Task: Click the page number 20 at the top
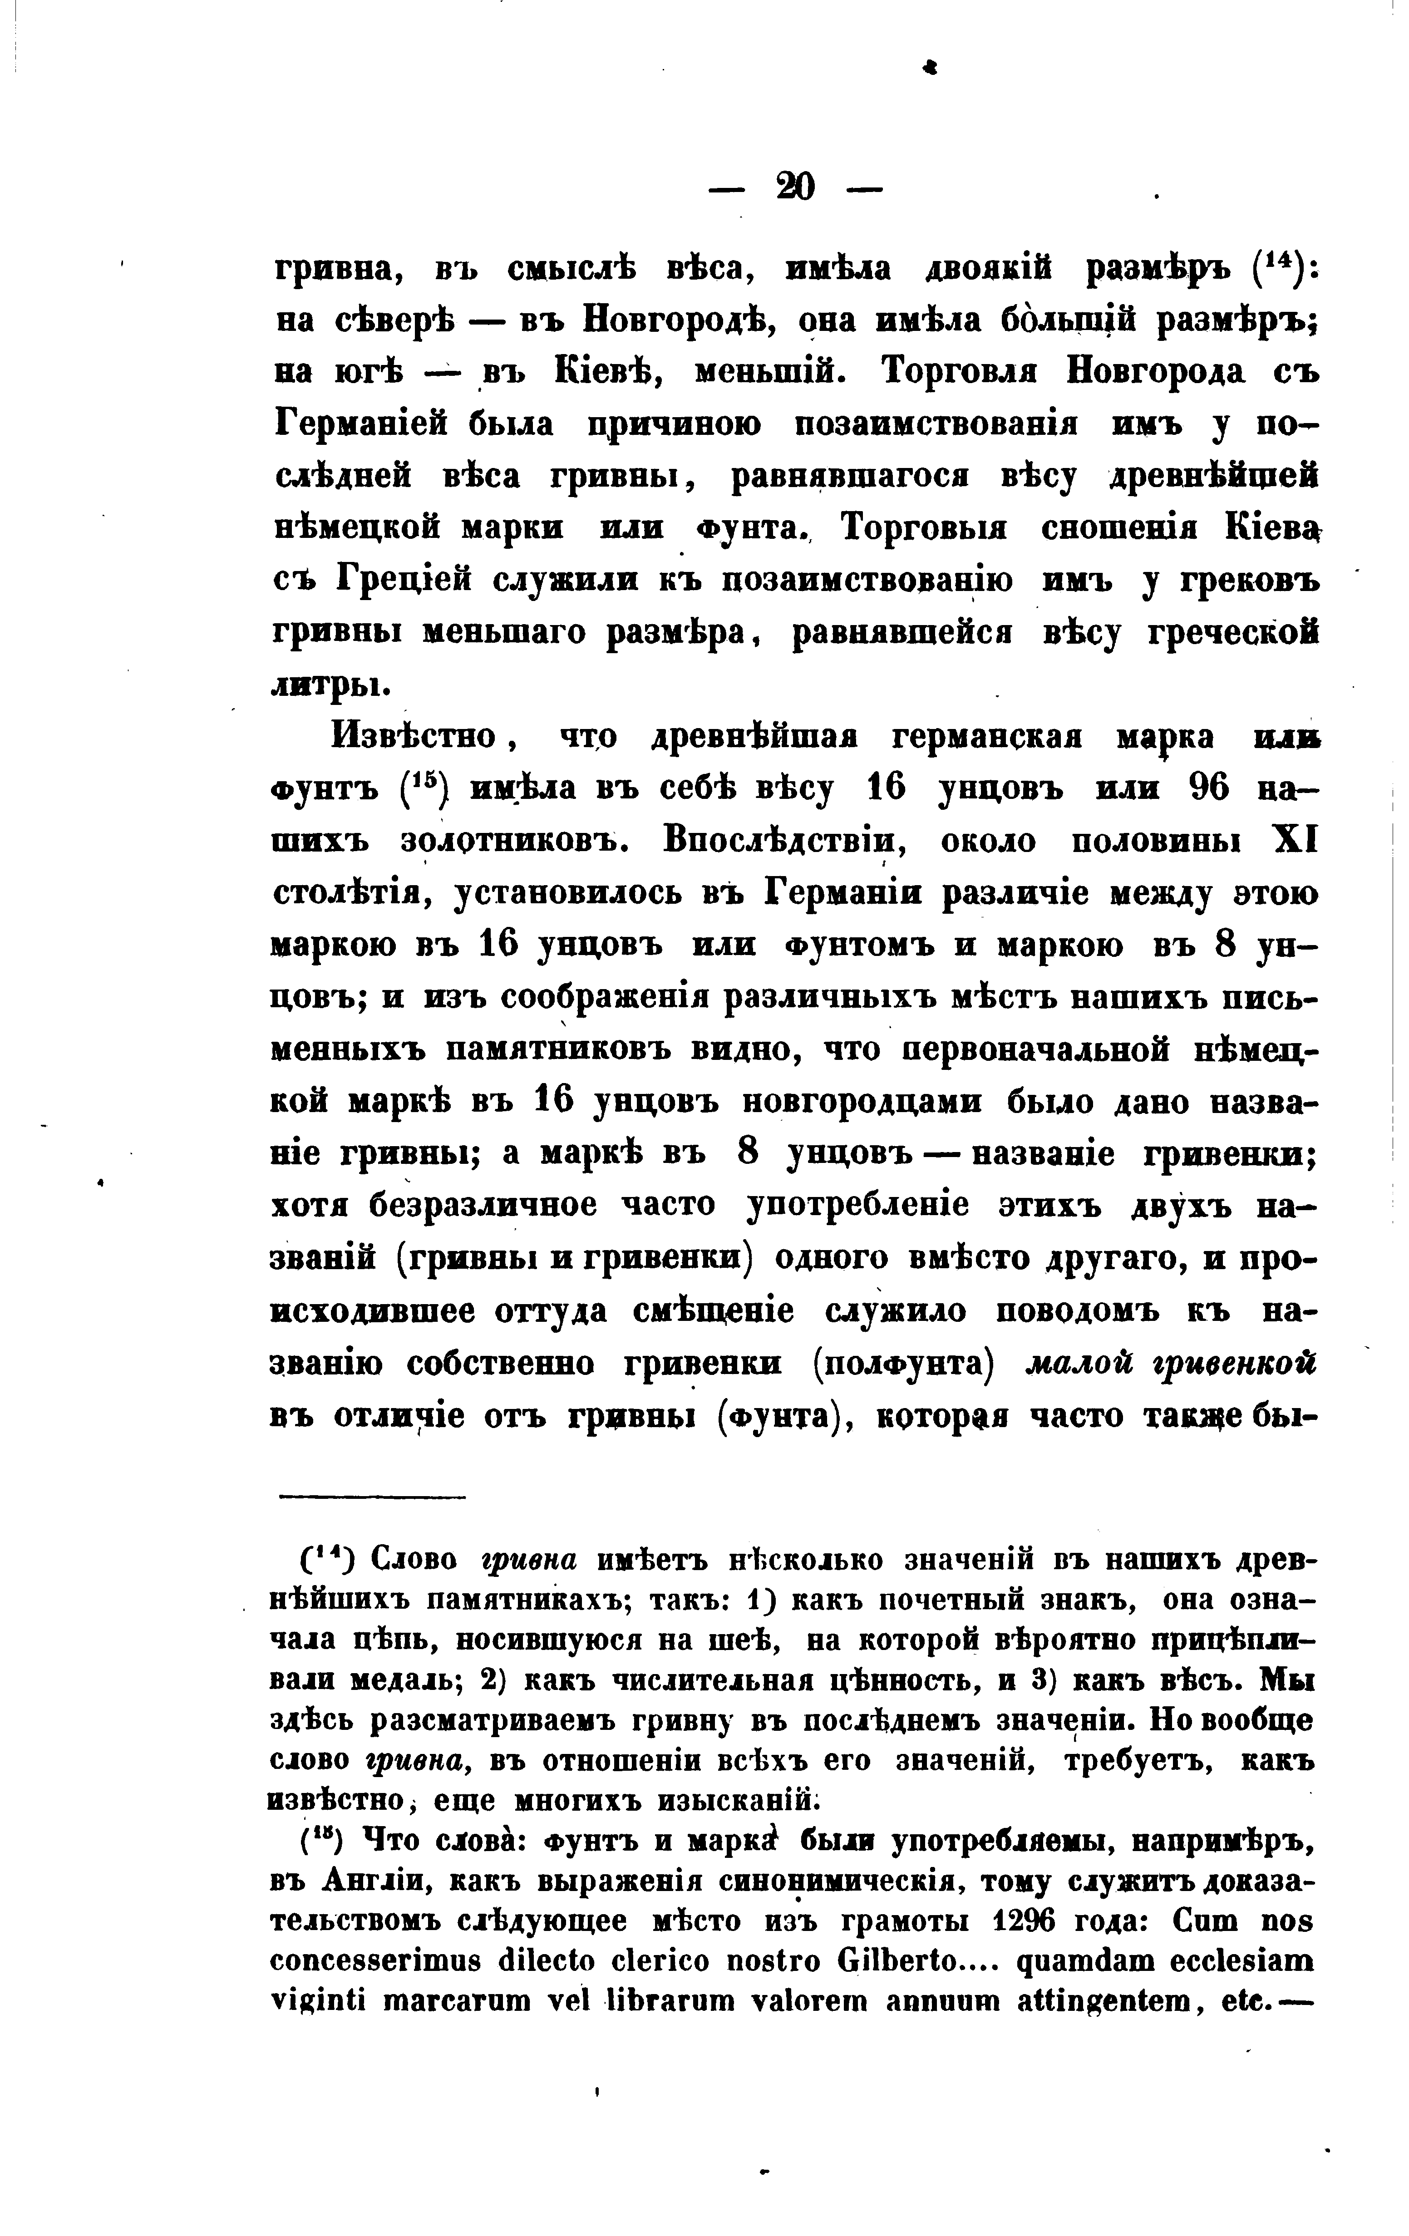[x=796, y=188]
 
